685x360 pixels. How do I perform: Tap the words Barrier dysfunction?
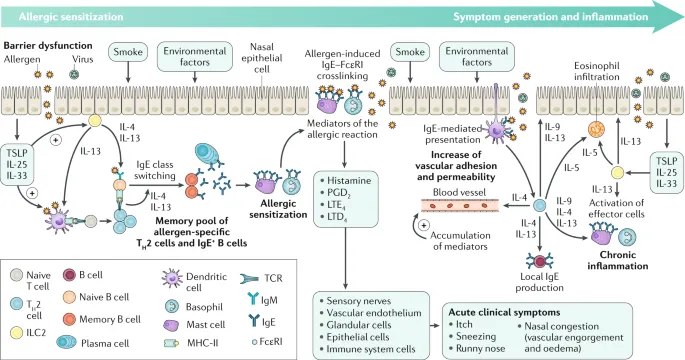pos(46,46)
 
